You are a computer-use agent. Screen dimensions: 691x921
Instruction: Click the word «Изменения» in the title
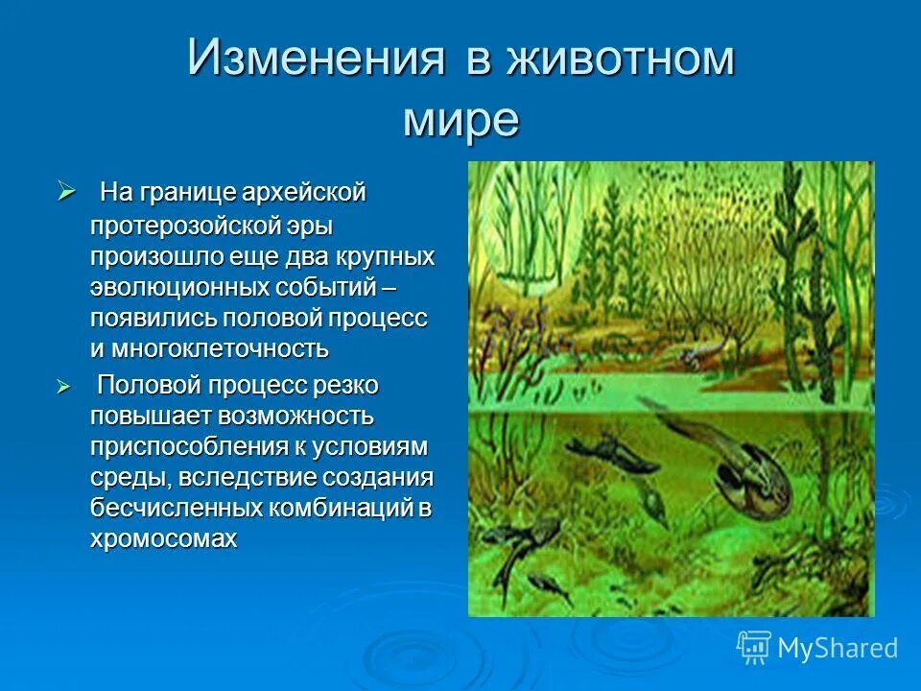click(x=316, y=60)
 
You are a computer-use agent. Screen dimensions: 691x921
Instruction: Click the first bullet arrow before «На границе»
click(x=66, y=191)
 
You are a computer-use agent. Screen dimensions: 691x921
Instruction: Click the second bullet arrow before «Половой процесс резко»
click(x=66, y=385)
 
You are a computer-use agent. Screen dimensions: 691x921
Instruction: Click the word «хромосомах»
click(x=162, y=538)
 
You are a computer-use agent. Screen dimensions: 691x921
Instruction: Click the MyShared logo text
click(x=838, y=648)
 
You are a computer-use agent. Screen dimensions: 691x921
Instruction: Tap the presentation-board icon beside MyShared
click(x=754, y=647)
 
